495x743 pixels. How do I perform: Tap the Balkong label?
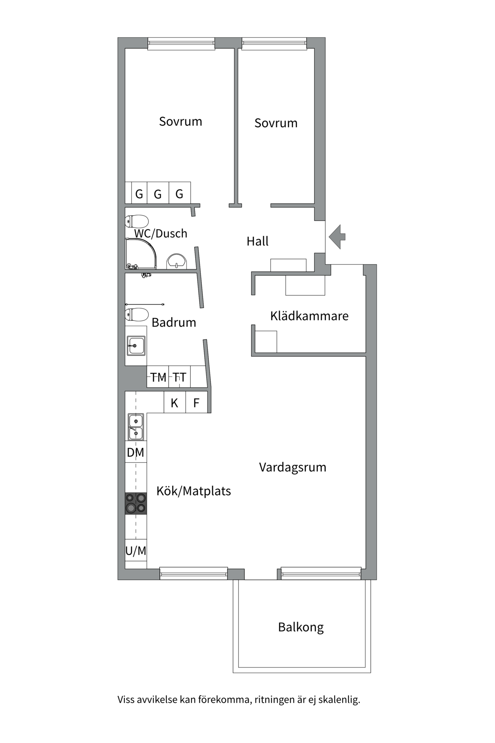pos(301,627)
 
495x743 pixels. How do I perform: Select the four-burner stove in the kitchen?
pos(136,503)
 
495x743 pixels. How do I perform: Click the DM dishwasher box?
pos(136,452)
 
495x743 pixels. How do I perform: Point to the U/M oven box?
pos(136,550)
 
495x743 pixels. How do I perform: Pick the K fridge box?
pos(174,402)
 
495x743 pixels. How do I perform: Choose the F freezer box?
pos(196,402)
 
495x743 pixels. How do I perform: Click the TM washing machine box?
pos(158,377)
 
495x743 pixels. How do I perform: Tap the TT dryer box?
pos(179,377)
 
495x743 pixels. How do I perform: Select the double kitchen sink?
pos(136,427)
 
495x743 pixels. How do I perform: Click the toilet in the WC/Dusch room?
pos(137,222)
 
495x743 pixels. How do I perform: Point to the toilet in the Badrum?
pos(137,315)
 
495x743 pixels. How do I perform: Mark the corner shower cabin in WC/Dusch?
pos(140,253)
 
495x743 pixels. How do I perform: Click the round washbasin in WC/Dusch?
pos(177,262)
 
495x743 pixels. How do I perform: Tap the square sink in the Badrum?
pos(136,345)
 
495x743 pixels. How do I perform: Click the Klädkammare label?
pos(309,316)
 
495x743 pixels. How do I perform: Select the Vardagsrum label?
pos(293,467)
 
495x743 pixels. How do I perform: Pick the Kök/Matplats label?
pos(193,491)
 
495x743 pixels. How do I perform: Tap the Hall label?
pos(258,241)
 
